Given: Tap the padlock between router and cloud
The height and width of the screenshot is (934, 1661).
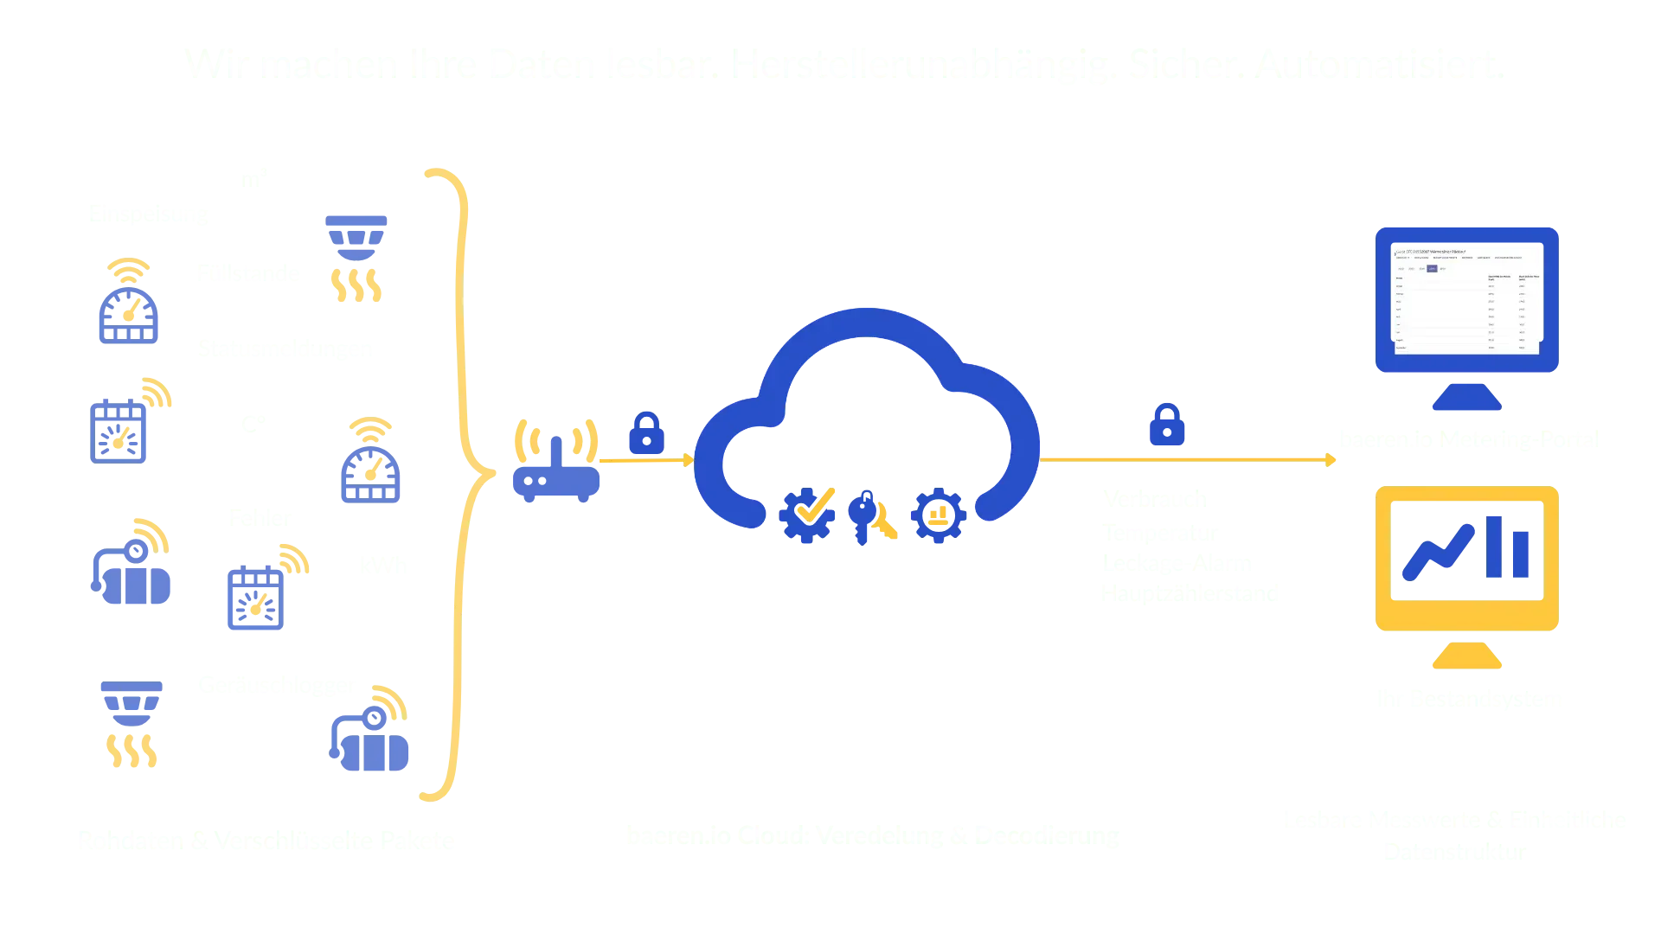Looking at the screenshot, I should tap(645, 432).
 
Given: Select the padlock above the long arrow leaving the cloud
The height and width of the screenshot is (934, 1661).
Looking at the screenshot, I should tap(1166, 425).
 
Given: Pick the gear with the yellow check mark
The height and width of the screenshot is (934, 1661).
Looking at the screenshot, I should tap(807, 514).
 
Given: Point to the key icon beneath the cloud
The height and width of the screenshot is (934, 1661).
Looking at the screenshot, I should tap(864, 515).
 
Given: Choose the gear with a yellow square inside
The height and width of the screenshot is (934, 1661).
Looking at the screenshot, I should tap(938, 515).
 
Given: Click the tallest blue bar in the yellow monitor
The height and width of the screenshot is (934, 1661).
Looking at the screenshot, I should tap(1495, 545).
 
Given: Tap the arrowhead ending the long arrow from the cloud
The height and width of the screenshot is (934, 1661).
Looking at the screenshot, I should tap(1331, 459).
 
